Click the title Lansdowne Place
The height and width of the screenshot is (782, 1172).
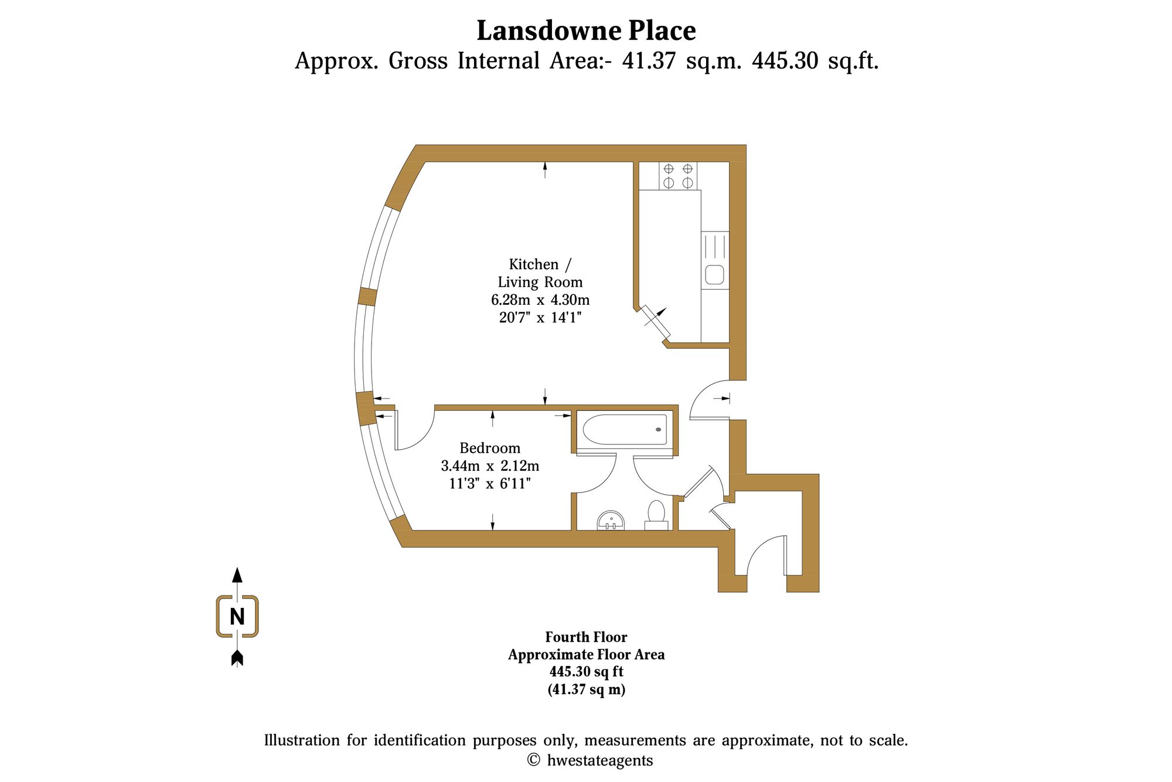tap(586, 30)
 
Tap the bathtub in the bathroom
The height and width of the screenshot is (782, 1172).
tap(625, 430)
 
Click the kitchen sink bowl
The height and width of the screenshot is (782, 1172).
tap(714, 274)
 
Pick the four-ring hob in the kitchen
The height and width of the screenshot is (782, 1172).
tap(678, 176)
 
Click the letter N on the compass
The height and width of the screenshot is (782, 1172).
tap(237, 617)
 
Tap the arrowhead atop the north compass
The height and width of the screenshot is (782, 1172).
tap(237, 574)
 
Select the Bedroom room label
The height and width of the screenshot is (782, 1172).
tap(490, 448)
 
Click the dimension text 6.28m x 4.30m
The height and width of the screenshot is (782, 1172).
tap(540, 300)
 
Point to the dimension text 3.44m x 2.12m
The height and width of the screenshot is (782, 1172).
tap(490, 466)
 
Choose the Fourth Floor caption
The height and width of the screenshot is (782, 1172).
tap(586, 637)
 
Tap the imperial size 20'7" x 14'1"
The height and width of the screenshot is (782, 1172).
tap(540, 318)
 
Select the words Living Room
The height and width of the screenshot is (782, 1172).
tap(540, 282)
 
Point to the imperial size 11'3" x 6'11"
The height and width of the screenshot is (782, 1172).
tap(490, 484)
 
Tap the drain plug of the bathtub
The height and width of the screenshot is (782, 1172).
tap(659, 430)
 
